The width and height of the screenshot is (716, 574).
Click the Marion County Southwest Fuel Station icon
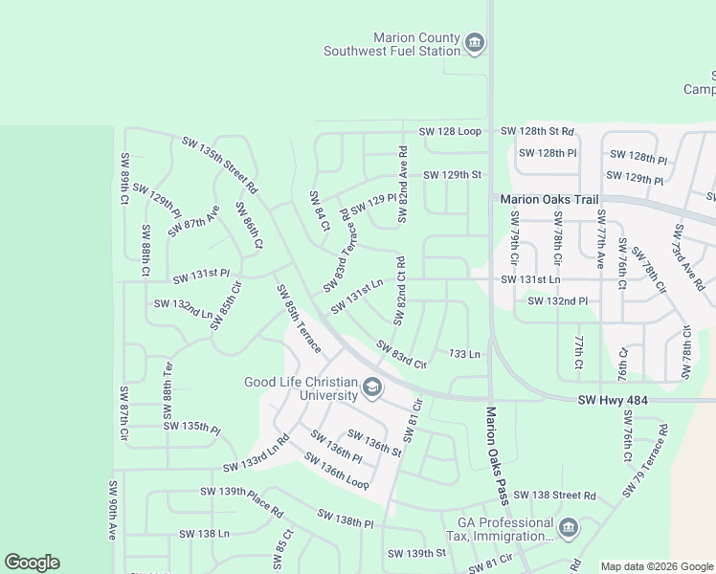[475, 43]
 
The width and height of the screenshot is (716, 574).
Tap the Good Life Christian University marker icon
[372, 387]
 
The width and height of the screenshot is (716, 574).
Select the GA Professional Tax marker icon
[568, 528]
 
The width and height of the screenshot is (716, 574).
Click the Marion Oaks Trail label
[549, 200]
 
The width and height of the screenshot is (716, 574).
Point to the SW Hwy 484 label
[614, 401]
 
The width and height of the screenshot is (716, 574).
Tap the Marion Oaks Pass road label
[497, 455]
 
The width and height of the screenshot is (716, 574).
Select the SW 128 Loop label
[450, 131]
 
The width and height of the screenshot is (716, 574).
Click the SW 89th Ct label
[124, 179]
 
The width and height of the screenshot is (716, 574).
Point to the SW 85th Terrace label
[299, 317]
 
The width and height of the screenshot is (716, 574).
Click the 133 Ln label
[463, 354]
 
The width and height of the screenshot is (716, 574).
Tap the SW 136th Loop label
[336, 471]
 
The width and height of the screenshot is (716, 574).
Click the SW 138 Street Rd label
[554, 496]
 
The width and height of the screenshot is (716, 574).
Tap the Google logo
[32, 563]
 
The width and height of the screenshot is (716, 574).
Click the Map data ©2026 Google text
[657, 565]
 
